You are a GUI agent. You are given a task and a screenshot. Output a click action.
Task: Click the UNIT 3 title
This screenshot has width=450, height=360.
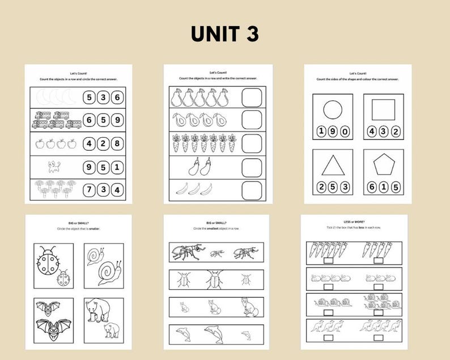[224, 34]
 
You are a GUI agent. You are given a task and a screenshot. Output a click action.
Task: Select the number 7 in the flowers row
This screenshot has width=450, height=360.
[89, 189]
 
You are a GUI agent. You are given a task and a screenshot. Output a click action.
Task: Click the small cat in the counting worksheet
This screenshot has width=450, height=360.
[54, 167]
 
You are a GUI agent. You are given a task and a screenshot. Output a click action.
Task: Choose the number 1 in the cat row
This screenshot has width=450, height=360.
[116, 167]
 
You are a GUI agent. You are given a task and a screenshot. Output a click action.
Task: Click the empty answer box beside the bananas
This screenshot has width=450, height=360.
[252, 190]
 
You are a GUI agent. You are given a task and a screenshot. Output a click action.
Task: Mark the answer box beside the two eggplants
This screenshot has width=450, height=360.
[252, 167]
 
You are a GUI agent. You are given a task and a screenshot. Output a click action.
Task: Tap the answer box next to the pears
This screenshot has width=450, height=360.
[252, 98]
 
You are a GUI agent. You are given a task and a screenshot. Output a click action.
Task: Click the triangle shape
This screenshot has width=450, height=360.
[333, 166]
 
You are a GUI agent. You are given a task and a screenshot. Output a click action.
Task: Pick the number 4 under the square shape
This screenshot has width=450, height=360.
[372, 132]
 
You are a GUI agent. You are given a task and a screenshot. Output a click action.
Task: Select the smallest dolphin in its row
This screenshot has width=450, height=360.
[246, 335]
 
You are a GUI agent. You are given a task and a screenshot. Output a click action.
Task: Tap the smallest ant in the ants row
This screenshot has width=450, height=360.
[217, 254]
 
